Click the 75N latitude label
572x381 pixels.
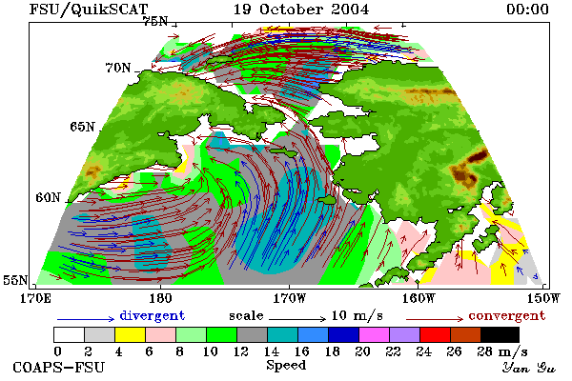click(x=155, y=21)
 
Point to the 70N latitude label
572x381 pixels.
click(x=118, y=68)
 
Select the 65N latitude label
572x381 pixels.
click(x=82, y=127)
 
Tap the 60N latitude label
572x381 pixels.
click(x=48, y=197)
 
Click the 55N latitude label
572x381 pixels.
click(x=15, y=280)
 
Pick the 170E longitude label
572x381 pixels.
click(x=35, y=298)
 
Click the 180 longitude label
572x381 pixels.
click(x=160, y=298)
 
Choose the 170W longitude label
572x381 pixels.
click(x=289, y=298)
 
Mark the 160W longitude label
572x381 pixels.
click(x=419, y=298)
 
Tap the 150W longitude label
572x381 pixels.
click(x=542, y=298)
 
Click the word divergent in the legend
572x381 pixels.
click(x=153, y=315)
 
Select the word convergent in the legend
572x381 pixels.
click(x=507, y=315)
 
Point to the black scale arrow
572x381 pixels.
click(x=297, y=319)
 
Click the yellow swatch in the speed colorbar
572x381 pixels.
click(x=131, y=334)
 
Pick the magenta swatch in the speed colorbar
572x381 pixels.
click(x=375, y=334)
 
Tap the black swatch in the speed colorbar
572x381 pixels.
click(x=500, y=334)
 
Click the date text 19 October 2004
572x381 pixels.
click(x=301, y=10)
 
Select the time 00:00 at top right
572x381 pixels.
click(x=527, y=10)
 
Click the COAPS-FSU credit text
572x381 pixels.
click(x=59, y=367)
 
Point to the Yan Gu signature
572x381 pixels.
click(x=528, y=368)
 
